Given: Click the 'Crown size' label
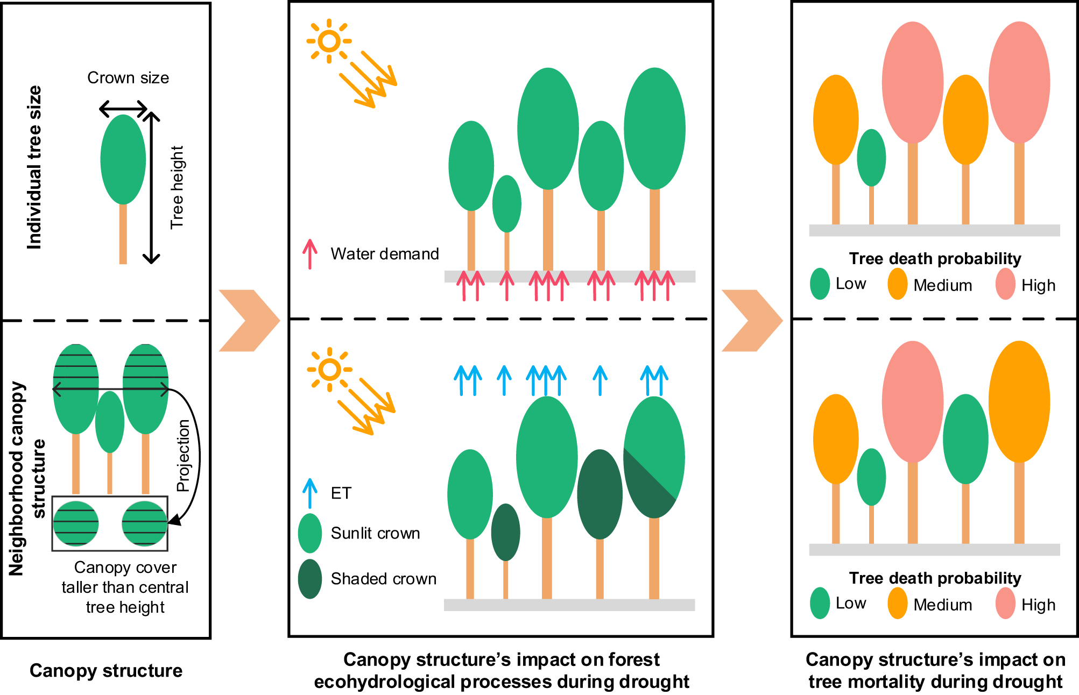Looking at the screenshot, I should (128, 78).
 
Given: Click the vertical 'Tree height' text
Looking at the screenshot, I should (177, 187).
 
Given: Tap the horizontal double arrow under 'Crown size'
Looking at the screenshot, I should (123, 109).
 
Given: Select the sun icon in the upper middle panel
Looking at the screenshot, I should (329, 41).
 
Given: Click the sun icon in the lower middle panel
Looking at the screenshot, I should (329, 370).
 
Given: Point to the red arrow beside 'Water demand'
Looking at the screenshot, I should (309, 254).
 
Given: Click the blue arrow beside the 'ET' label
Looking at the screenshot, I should (309, 493).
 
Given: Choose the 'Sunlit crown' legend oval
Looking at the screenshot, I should (310, 533).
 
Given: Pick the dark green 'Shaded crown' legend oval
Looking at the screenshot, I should (310, 579).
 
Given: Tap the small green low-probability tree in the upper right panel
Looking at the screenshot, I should (871, 158).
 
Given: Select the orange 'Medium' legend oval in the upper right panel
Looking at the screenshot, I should (897, 284).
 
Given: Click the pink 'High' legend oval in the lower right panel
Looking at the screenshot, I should (1005, 603).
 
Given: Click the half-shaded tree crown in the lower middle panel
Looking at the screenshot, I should (654, 457).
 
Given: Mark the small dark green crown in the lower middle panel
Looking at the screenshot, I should (505, 532).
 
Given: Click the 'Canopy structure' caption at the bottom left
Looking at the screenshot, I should (106, 671).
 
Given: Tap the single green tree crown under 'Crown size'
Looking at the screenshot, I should (123, 159).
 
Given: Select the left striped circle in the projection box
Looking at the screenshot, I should (76, 523).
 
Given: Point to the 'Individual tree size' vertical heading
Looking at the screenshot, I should (34, 167).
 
